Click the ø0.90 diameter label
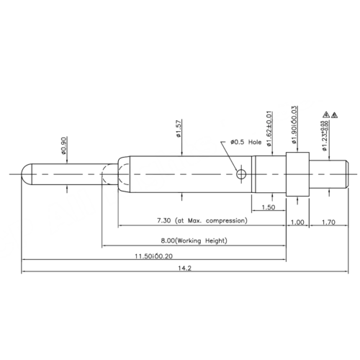click(65, 147)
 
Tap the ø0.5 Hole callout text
click(246, 143)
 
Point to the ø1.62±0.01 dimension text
click(269, 129)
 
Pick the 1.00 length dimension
click(297, 222)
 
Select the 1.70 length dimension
click(328, 222)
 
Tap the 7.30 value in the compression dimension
click(164, 219)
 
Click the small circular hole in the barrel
click(241, 174)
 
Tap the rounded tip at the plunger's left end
click(27, 174)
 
